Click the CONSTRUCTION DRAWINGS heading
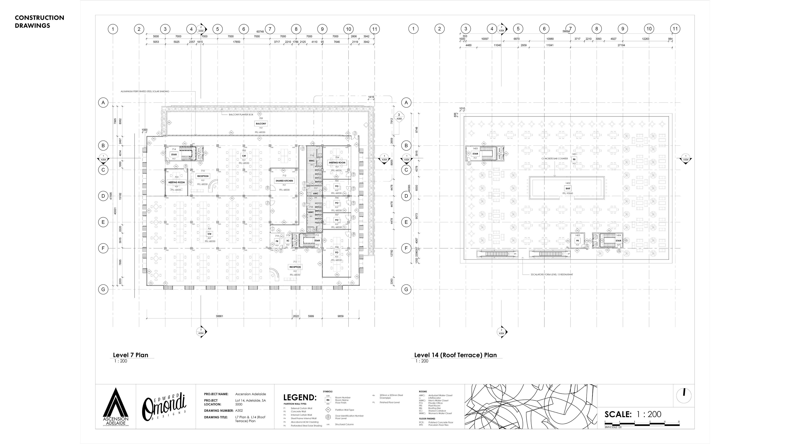pyautogui.click(x=39, y=21)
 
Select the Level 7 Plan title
pyautogui.click(x=130, y=355)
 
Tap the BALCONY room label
pyautogui.click(x=261, y=124)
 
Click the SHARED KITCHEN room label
pyautogui.click(x=284, y=181)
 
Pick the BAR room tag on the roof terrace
pyautogui.click(x=568, y=188)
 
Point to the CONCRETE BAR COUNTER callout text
pyautogui.click(x=554, y=158)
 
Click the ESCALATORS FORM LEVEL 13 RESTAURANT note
pyautogui.click(x=552, y=275)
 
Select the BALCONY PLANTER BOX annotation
pyautogui.click(x=241, y=115)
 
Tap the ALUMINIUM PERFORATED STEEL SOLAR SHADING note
pyautogui.click(x=145, y=91)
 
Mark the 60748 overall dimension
pyautogui.click(x=260, y=32)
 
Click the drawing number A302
pyautogui.click(x=239, y=411)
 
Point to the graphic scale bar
pyautogui.click(x=642, y=424)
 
